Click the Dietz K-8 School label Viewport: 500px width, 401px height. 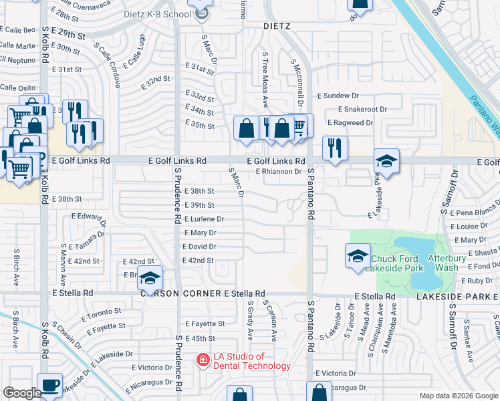click(157, 14)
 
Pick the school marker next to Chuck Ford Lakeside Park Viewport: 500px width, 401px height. click(358, 257)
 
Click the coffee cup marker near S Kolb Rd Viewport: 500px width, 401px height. click(49, 384)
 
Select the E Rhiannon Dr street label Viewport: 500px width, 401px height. click(279, 172)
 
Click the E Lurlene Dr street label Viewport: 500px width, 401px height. click(203, 219)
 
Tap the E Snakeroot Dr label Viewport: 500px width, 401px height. click(362, 109)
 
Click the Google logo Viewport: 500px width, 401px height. click(22, 393)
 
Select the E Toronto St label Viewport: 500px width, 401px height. click(102, 312)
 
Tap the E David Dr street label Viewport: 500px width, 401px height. click(199, 247)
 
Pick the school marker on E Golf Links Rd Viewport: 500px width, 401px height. click(386, 161)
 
